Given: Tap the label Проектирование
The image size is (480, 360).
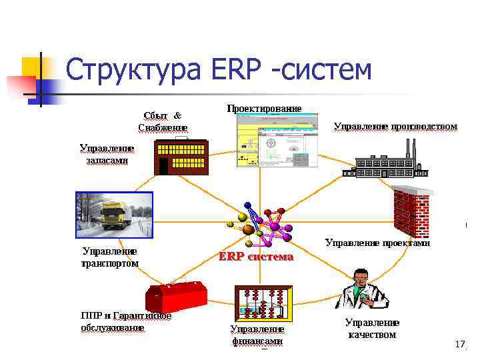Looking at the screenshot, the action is pyautogui.click(x=264, y=108).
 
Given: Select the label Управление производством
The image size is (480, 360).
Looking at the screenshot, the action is pyautogui.click(x=395, y=126).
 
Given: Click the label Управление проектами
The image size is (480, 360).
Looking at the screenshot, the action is pyautogui.click(x=377, y=243).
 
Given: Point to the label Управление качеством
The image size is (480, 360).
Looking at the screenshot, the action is pyautogui.click(x=372, y=329).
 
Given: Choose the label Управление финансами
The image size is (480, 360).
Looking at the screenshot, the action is pyautogui.click(x=257, y=335).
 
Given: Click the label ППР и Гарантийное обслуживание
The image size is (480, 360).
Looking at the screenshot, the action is pyautogui.click(x=125, y=321).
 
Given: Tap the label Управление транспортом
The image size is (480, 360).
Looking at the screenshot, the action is pyautogui.click(x=110, y=257).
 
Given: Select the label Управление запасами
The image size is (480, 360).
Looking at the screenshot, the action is pyautogui.click(x=107, y=154).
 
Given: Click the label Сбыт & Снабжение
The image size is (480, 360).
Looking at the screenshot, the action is pyautogui.click(x=163, y=121).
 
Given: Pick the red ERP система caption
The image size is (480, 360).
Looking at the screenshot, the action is pyautogui.click(x=256, y=257).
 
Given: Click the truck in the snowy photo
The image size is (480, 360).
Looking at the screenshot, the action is pyautogui.click(x=114, y=214).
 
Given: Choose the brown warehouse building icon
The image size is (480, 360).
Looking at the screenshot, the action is pyautogui.click(x=180, y=157).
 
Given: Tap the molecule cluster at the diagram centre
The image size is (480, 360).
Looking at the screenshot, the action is pyautogui.click(x=263, y=224).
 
